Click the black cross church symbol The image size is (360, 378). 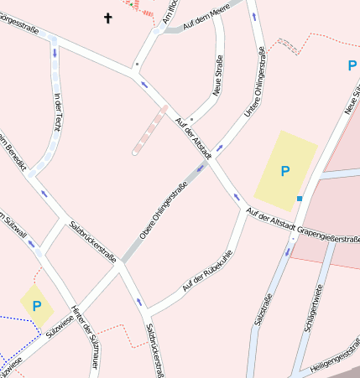107,17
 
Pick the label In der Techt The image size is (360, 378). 58,111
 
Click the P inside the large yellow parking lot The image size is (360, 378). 284,171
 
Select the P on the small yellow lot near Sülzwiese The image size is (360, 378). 36,307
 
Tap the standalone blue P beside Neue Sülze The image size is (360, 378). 352,65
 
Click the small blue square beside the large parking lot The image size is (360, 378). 299,199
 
